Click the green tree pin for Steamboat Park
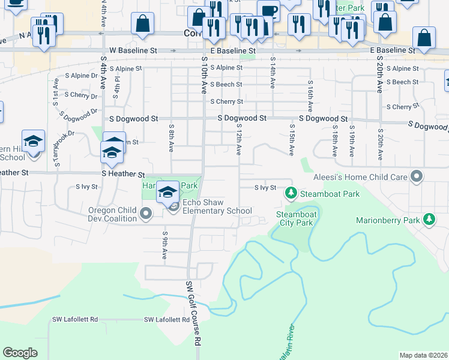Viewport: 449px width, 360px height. tap(291, 193)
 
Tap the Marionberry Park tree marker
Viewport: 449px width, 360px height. tap(429, 220)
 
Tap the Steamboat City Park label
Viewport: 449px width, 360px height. tap(295, 218)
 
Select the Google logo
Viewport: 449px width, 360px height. tap(20, 353)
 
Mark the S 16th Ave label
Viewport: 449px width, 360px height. tap(310, 97)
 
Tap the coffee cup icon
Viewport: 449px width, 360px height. tap(268, 10)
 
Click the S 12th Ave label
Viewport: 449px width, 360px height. tap(238, 140)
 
